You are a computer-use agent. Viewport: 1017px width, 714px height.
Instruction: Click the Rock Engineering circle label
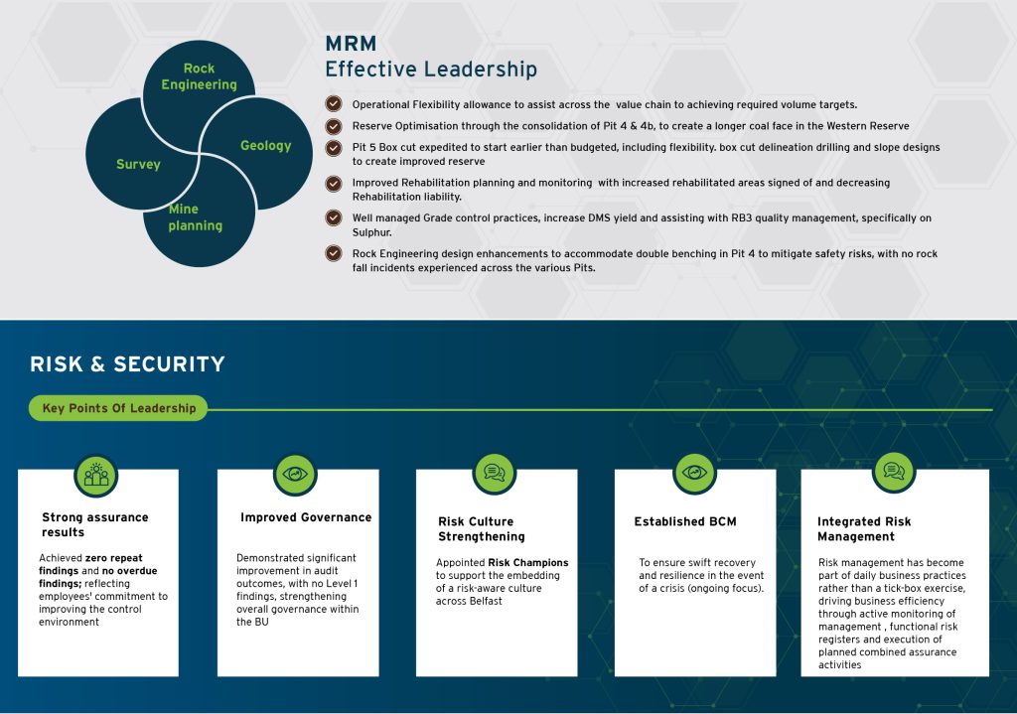pos(199,76)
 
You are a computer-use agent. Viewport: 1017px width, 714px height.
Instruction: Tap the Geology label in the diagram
pos(265,145)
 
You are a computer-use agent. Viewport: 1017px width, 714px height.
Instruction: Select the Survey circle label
pos(138,164)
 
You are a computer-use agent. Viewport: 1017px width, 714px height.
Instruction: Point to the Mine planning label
pos(196,217)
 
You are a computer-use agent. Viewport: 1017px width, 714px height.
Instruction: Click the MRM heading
pos(351,44)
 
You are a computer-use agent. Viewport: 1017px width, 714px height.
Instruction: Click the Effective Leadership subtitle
pos(431,69)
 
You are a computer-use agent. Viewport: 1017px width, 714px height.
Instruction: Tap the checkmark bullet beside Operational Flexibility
pos(334,103)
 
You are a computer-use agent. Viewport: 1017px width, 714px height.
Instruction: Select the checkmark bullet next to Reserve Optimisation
pos(334,126)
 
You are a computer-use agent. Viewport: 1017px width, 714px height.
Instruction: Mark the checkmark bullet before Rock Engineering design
pos(334,253)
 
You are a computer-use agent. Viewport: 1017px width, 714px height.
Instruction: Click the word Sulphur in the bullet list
pos(371,232)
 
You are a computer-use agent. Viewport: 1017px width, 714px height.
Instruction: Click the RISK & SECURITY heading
pos(127,363)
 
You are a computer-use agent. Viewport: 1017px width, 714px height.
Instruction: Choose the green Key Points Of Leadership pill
pos(118,408)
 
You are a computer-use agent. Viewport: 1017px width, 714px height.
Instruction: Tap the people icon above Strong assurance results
pos(96,476)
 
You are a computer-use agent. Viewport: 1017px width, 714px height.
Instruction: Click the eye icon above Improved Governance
pos(295,474)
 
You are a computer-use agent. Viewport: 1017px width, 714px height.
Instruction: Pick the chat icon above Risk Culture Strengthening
pos(495,473)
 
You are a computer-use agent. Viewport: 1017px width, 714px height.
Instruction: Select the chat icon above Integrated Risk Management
pos(894,471)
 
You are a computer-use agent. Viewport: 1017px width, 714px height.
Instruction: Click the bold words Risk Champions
pos(528,562)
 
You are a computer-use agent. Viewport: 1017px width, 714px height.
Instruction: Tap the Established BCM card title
pos(685,521)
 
